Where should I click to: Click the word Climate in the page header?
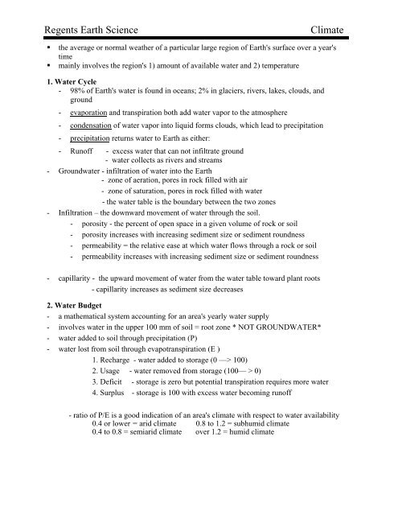(x=321, y=30)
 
